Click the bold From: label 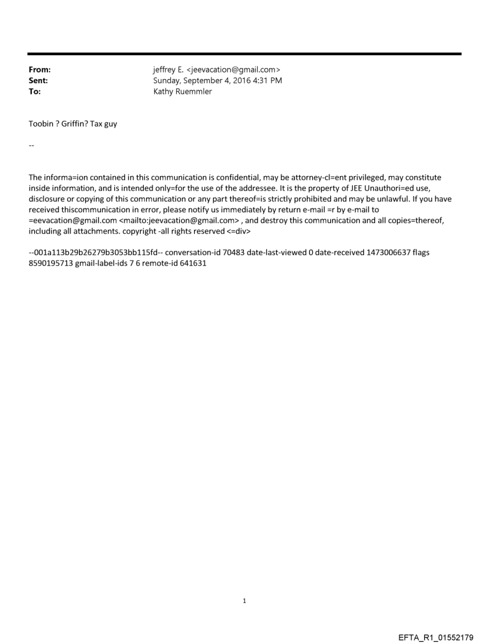(x=39, y=70)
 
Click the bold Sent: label (x=38, y=80)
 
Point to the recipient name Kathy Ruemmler (x=183, y=92)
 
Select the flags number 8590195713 (x=51, y=263)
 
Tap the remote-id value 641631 (x=193, y=263)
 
